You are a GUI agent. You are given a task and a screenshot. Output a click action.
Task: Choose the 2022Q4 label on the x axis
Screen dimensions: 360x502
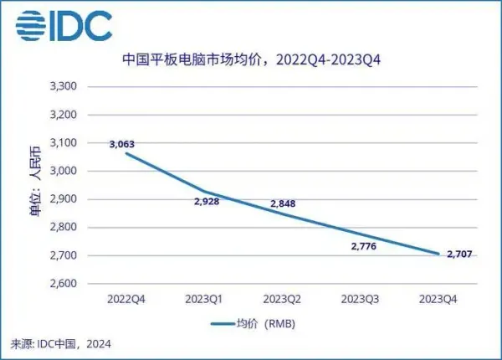pos(123,298)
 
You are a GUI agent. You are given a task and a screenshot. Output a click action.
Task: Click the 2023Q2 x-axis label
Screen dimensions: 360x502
pos(282,298)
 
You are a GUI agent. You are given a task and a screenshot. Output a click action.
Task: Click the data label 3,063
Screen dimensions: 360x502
pos(121,144)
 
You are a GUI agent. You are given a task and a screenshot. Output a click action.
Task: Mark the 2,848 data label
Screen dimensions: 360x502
pos(283,203)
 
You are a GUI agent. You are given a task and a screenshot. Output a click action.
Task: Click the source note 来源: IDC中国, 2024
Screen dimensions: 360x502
pos(61,343)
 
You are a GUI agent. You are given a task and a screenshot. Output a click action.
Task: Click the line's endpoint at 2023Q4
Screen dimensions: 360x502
pos(438,255)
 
